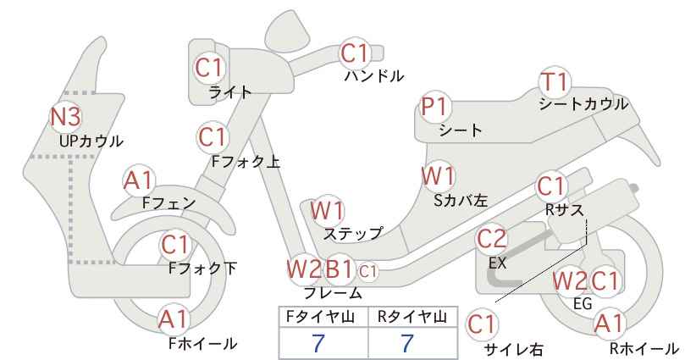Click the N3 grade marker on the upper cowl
[66, 116]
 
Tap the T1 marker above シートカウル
[555, 82]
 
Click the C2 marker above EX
[492, 239]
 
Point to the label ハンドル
[374, 76]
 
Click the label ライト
[230, 92]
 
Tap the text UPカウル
[91, 141]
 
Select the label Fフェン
[169, 202]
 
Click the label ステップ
[353, 233]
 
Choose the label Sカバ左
[461, 201]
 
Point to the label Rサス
[564, 210]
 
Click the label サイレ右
[514, 349]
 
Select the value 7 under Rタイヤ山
[407, 343]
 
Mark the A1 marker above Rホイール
[610, 324]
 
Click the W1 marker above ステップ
[327, 210]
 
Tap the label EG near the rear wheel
[583, 303]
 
